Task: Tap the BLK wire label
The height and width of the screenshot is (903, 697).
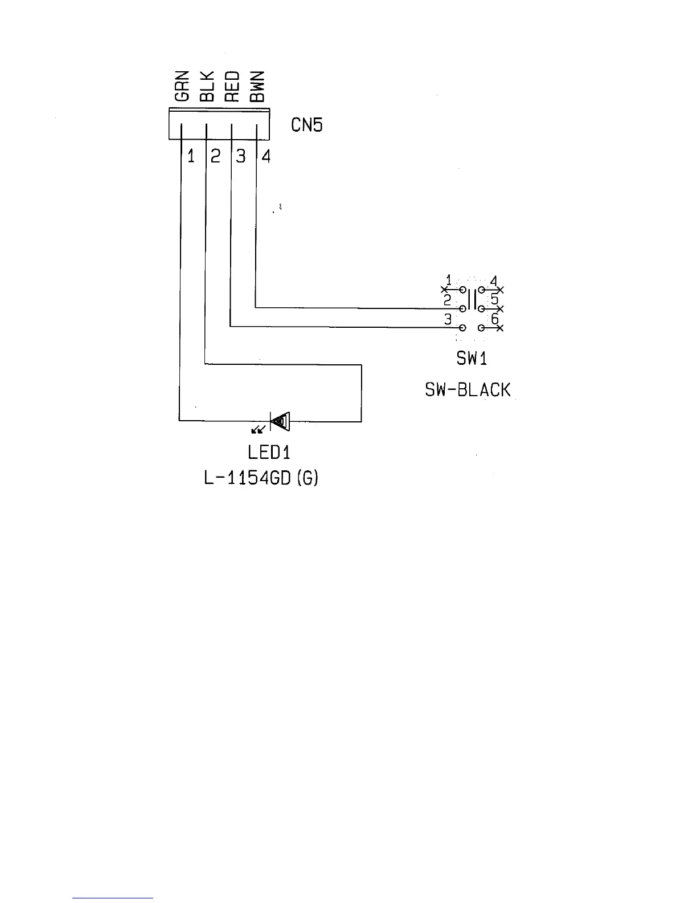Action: tap(206, 87)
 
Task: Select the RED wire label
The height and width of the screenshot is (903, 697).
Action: tap(232, 87)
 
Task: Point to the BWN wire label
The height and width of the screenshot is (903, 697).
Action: tap(257, 87)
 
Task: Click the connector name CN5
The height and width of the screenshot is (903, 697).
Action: tap(306, 125)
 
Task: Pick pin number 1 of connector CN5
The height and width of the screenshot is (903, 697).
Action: tap(191, 156)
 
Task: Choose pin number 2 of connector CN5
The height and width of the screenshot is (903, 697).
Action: tap(215, 156)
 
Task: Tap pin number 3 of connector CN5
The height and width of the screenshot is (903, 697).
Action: tap(241, 156)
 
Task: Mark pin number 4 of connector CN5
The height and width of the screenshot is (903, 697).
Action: tap(266, 156)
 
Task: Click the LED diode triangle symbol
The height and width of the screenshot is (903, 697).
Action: tap(280, 422)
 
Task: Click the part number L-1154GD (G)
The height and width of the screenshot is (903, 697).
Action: tap(261, 478)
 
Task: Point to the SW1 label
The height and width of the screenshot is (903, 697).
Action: tap(471, 359)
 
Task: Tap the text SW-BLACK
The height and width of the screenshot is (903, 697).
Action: tap(468, 390)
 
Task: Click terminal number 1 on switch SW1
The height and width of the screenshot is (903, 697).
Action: tap(448, 280)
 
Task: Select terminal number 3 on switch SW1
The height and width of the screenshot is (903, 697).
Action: tap(448, 320)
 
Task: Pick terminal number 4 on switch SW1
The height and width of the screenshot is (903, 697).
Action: tap(493, 280)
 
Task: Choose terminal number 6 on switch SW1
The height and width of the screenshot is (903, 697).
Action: tap(495, 320)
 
